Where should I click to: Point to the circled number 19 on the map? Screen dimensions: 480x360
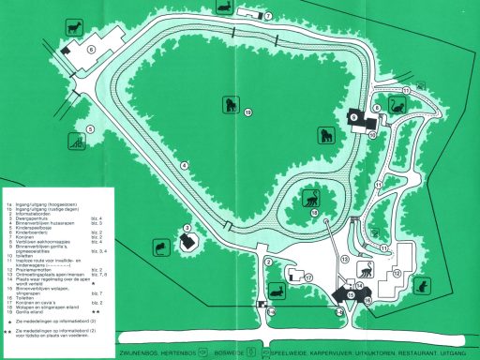pyautogui.click(x=247, y=112)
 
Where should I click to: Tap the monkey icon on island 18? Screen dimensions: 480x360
pyautogui.click(x=308, y=199)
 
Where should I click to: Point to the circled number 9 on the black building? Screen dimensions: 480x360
pyautogui.click(x=355, y=116)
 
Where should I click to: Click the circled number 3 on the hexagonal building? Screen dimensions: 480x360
pyautogui.click(x=187, y=228)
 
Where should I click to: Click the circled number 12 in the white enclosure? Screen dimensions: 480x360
pyautogui.click(x=397, y=273)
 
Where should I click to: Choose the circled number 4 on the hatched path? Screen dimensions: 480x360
pyautogui.click(x=185, y=166)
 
